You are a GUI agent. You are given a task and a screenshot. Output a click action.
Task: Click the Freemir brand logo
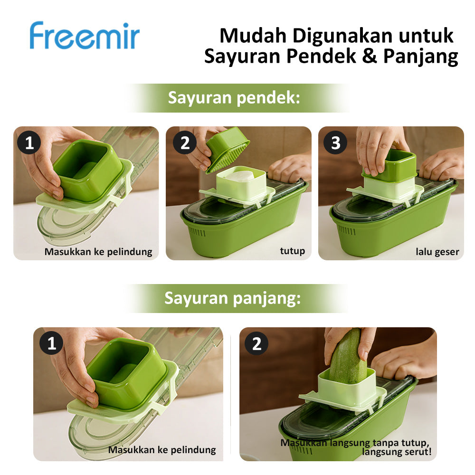click(85, 35)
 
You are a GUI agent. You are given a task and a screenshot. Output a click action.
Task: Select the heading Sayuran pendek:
click(234, 98)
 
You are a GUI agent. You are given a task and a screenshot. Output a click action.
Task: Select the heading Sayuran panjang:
click(232, 298)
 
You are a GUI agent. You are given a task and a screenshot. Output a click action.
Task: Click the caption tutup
click(292, 251)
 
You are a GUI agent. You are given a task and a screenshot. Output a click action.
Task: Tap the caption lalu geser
click(437, 252)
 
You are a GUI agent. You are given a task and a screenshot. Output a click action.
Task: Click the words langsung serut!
click(397, 452)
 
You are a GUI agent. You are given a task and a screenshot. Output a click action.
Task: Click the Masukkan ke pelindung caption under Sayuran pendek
click(98, 252)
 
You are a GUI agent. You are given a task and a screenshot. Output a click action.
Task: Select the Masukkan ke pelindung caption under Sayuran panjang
click(162, 449)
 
